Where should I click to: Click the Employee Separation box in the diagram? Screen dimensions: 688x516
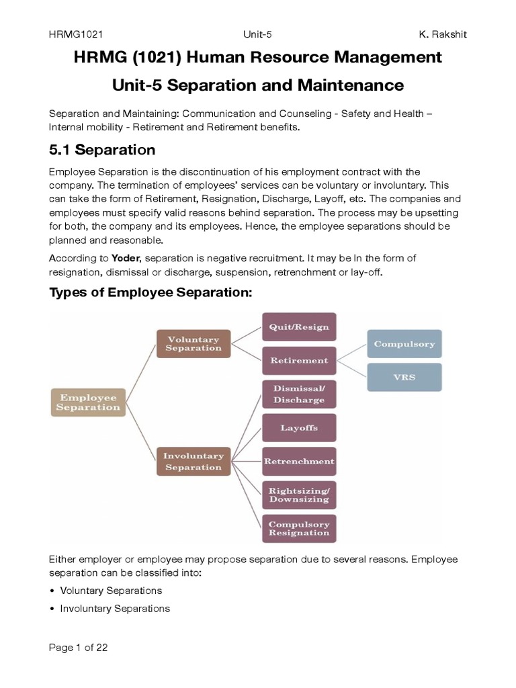[x=87, y=402]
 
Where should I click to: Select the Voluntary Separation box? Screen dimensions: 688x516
[x=193, y=343]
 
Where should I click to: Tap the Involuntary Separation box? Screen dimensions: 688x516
[x=193, y=461]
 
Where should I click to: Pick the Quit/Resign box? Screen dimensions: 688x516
[x=298, y=327]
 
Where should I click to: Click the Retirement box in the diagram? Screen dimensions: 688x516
[x=298, y=360]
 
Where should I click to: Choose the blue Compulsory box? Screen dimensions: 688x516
[x=404, y=344]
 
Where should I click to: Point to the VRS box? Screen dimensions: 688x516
[x=404, y=377]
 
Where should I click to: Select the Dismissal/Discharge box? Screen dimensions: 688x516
[x=298, y=394]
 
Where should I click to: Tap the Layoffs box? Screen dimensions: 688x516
[x=298, y=427]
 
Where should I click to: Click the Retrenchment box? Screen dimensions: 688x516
[x=298, y=461]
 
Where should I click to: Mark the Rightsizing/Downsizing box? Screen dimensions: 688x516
[x=298, y=494]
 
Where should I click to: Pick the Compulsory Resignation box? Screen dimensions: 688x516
[x=298, y=528]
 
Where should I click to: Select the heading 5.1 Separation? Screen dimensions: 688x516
[x=102, y=149]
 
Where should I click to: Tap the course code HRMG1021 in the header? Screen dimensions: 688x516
[x=75, y=34]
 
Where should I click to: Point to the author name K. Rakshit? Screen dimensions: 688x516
[x=443, y=34]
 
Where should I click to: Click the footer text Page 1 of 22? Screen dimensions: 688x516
[x=79, y=648]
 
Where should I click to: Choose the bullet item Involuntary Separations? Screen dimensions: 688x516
[x=114, y=608]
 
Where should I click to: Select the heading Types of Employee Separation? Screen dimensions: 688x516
[x=150, y=293]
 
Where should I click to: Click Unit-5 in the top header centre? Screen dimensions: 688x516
[x=258, y=34]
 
